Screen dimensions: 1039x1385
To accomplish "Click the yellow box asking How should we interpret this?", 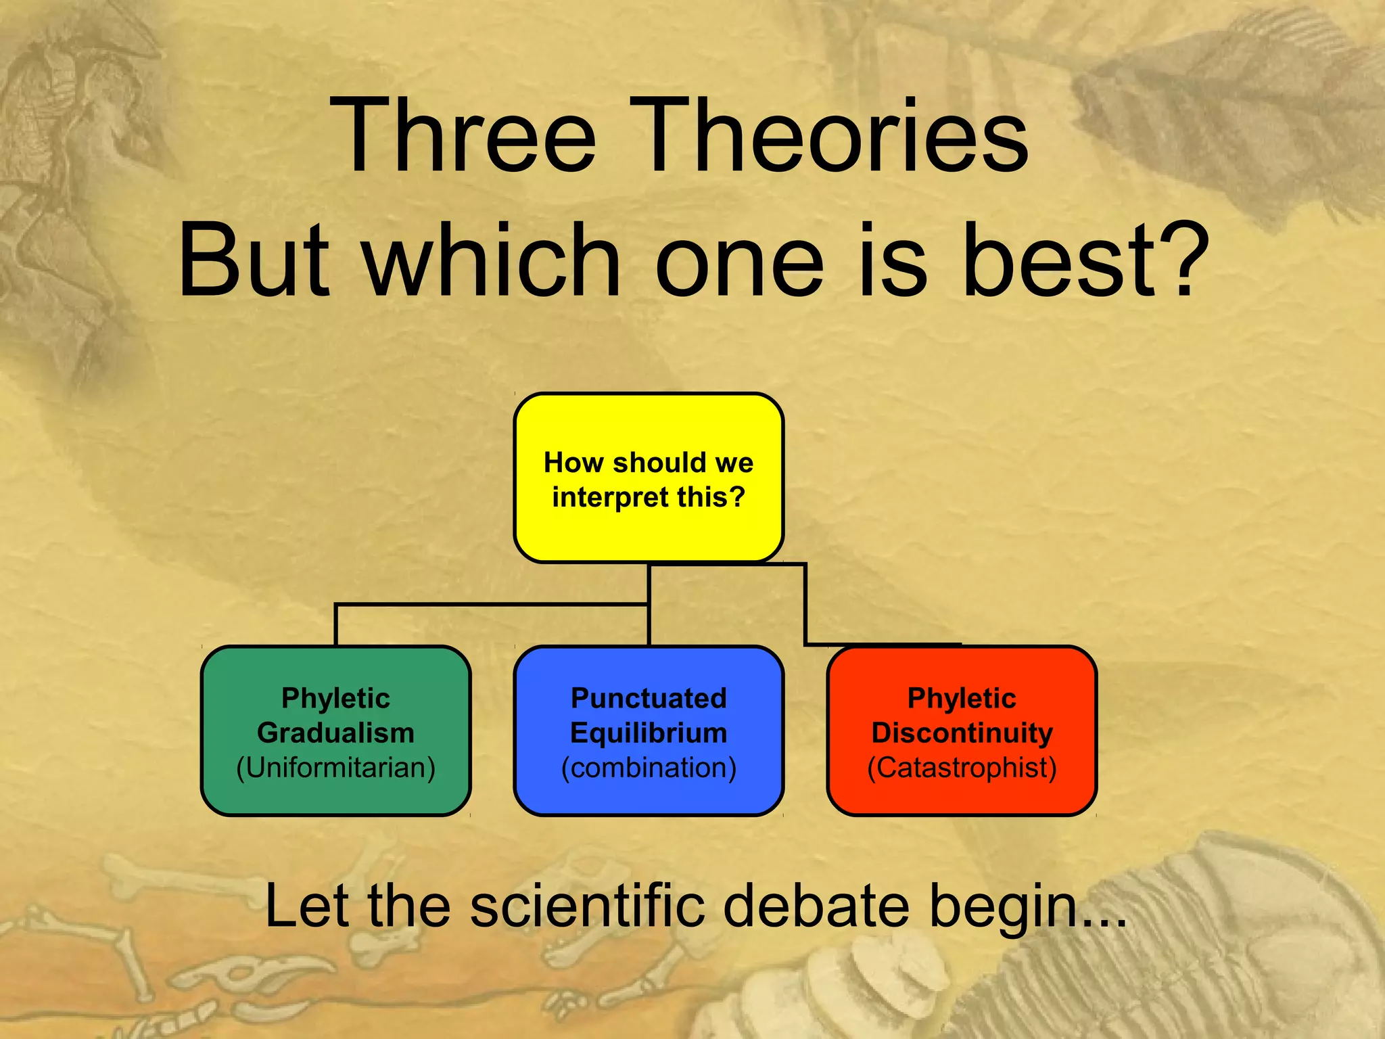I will pos(649,478).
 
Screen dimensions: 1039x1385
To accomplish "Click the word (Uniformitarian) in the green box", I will pos(335,768).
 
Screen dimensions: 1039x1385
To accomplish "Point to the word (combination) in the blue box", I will pos(649,768).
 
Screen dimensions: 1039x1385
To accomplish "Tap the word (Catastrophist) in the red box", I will pos(962,768).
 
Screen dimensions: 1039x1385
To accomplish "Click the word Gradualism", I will pos(335,733).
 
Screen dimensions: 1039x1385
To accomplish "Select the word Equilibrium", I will pos(649,733).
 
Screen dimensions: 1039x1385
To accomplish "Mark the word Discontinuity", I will pos(962,733).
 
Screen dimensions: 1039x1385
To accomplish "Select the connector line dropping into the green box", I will pos(336,626).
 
